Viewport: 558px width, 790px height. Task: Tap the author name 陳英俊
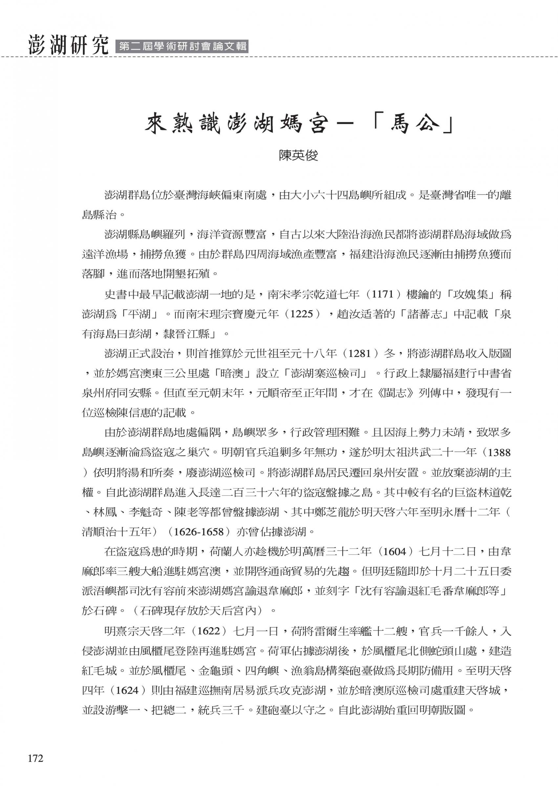pos(298,156)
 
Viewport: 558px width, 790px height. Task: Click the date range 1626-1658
pos(199,532)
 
